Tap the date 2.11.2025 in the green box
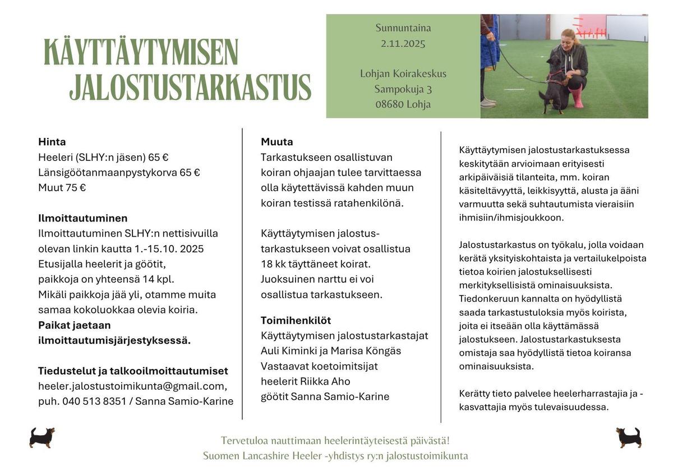pos(403,43)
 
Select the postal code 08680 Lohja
pos(403,104)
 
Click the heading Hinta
pos(52,142)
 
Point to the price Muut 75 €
pos(62,188)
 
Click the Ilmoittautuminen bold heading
pos(83,218)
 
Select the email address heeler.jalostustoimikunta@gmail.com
pos(132,386)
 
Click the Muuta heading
pos(277,142)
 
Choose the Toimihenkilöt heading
pos(296,321)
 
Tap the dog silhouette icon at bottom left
pos(42,437)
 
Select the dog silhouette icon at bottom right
pos(628,437)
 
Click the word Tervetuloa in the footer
pos(244,441)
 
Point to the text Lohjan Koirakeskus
pos(403,73)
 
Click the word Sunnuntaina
pos(403,28)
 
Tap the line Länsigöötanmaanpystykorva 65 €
pos(119,173)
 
